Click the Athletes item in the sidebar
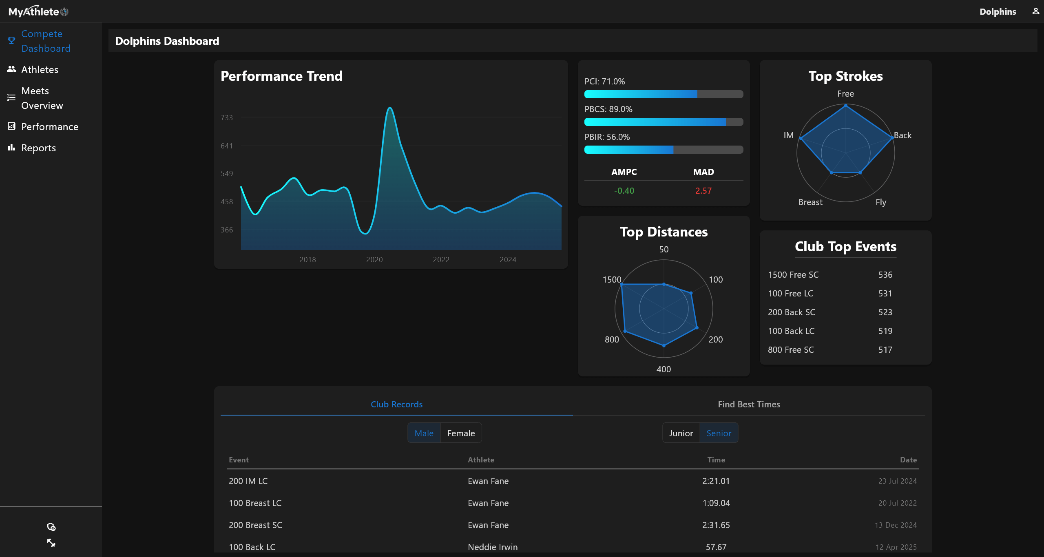(x=40, y=70)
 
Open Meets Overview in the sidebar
(x=42, y=98)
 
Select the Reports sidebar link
(x=38, y=148)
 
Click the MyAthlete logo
(x=38, y=11)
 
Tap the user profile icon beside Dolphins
(x=1035, y=11)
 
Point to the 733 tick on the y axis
(x=227, y=118)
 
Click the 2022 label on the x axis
(x=441, y=260)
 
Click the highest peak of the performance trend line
(x=390, y=108)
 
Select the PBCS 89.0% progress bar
(x=664, y=122)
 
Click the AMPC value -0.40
(x=624, y=191)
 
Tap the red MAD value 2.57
(x=703, y=191)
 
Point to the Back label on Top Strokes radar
(x=902, y=135)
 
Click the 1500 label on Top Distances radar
(x=612, y=280)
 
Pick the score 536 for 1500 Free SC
(x=885, y=275)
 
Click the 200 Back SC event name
(x=791, y=312)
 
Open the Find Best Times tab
(x=749, y=404)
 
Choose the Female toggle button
(x=461, y=433)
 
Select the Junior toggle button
(x=681, y=433)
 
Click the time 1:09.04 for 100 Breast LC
(x=716, y=503)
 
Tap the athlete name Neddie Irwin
(x=492, y=547)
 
